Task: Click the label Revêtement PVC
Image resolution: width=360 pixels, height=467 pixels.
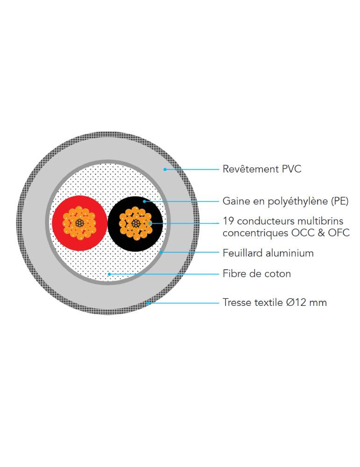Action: (x=262, y=169)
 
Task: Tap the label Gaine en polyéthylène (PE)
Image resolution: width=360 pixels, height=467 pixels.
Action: (x=286, y=201)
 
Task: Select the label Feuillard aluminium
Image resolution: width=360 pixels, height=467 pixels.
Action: (x=268, y=253)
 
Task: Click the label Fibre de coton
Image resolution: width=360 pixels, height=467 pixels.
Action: (x=257, y=273)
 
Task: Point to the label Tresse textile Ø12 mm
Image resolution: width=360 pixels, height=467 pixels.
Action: (x=275, y=302)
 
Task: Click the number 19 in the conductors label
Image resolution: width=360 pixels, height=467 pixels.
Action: (x=228, y=221)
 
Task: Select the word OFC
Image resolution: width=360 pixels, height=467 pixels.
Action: (x=339, y=233)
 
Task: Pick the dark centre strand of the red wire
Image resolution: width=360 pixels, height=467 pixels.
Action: (x=79, y=223)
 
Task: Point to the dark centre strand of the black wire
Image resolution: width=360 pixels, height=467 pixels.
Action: (x=135, y=223)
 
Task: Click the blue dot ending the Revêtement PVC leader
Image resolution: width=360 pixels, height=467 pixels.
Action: (x=165, y=170)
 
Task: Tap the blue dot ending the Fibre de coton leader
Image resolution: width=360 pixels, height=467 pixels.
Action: (x=109, y=274)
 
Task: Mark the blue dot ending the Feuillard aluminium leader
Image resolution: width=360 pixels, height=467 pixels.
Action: (x=161, y=252)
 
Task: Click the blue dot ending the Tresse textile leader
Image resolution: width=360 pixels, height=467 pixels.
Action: (x=148, y=303)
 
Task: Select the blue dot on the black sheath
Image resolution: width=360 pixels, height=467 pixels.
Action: (x=144, y=201)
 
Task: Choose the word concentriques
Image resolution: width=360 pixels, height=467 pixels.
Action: (x=255, y=233)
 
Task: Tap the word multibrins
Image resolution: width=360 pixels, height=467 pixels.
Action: (x=320, y=221)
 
